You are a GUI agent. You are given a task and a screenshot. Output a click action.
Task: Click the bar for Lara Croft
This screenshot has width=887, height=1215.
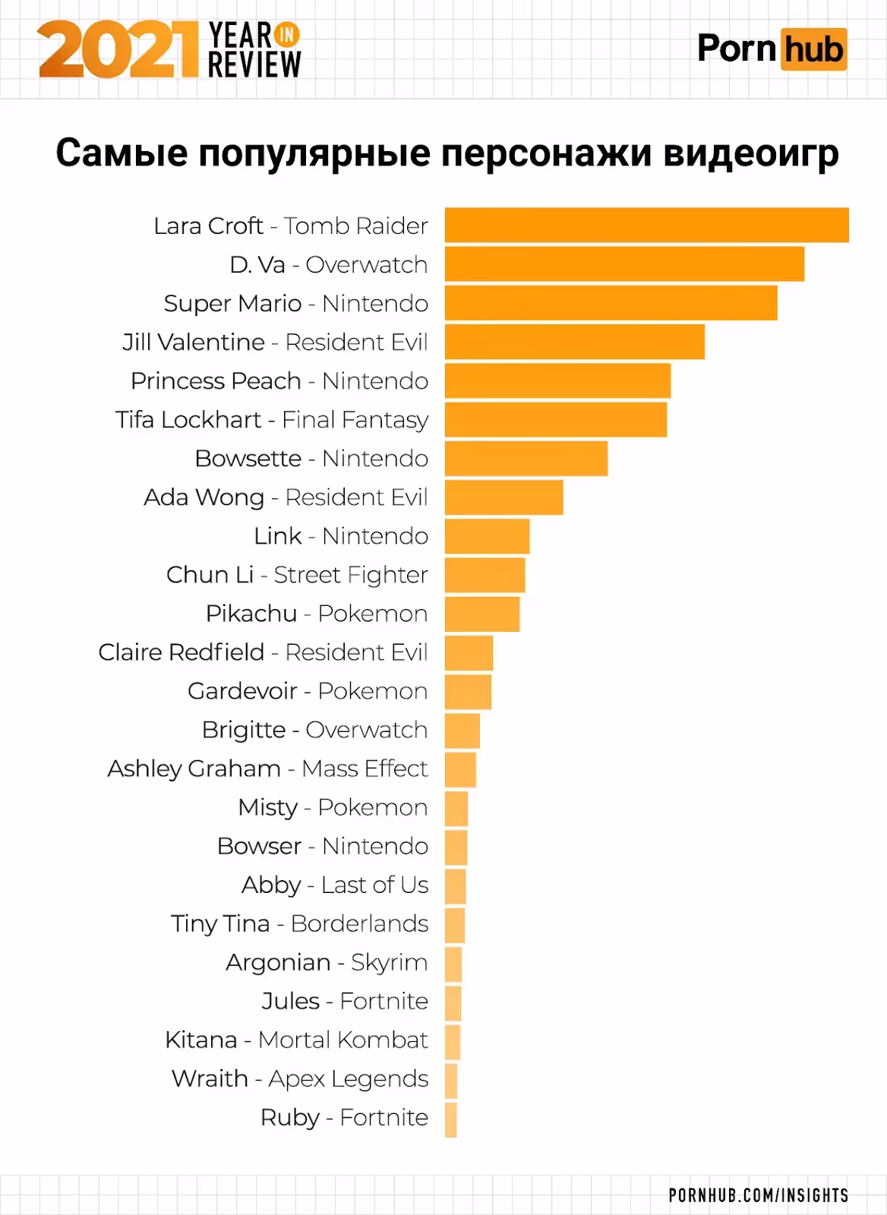point(646,225)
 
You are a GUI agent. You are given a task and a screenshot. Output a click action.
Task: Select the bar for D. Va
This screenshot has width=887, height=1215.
point(624,264)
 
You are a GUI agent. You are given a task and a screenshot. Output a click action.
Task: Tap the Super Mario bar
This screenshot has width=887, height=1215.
point(611,302)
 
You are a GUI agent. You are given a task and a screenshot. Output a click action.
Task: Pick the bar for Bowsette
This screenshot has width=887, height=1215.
point(526,458)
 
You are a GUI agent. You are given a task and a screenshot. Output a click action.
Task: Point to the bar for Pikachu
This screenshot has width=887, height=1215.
point(482,613)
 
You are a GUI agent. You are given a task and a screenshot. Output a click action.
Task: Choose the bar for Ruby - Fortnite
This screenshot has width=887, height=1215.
point(451,1119)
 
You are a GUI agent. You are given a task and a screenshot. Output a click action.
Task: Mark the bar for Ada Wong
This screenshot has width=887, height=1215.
point(503,497)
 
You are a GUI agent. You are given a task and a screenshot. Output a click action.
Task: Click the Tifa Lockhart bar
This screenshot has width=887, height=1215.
point(555,419)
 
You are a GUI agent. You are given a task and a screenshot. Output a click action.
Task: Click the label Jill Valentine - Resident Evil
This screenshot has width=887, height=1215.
point(275,342)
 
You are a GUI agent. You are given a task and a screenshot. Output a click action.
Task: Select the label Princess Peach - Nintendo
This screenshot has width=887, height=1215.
point(279,380)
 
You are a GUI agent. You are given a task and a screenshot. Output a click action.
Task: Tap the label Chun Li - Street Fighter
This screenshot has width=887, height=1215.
point(297,574)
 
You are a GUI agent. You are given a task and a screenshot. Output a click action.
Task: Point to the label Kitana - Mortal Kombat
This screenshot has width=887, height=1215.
point(296,1039)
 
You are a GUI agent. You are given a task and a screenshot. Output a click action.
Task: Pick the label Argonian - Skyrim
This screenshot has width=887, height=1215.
point(327,961)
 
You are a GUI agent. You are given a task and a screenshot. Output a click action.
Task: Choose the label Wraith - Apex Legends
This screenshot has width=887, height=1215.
point(299,1078)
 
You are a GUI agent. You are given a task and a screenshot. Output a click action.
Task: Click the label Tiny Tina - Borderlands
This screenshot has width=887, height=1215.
point(299,923)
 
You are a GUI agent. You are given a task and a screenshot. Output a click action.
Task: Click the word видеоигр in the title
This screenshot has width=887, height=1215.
point(751,153)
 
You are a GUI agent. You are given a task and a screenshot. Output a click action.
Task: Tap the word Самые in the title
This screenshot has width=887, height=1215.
point(122,153)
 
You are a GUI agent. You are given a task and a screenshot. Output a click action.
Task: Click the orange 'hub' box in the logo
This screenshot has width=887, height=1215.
point(813,49)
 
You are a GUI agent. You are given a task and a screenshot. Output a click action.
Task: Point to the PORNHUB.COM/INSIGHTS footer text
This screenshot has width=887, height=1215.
point(758,1195)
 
